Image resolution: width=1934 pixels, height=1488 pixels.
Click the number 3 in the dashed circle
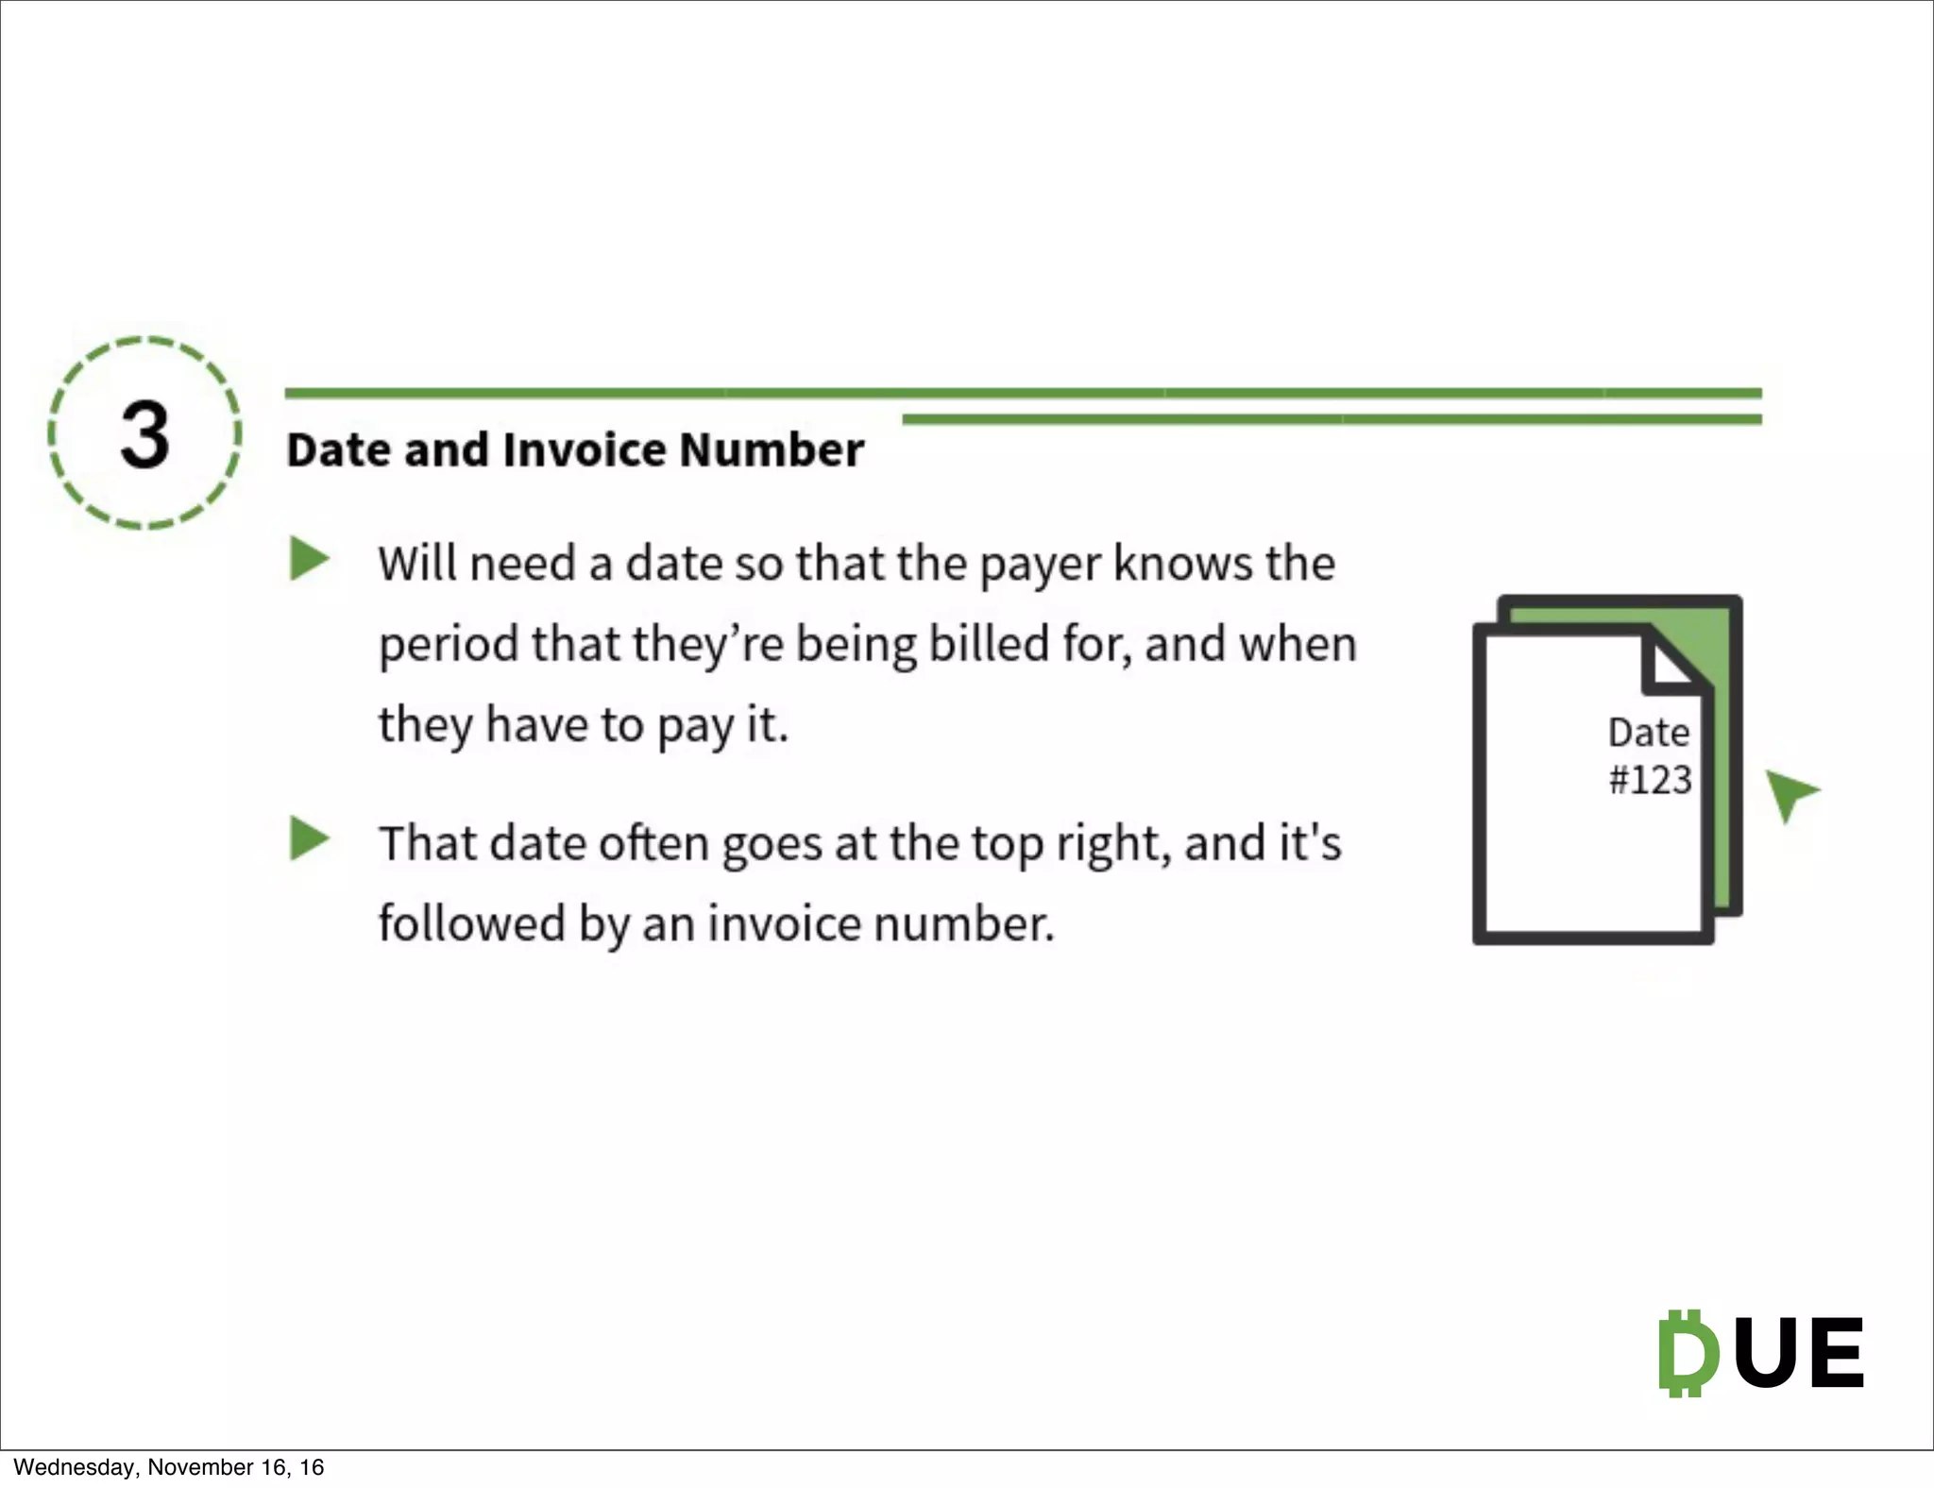[144, 435]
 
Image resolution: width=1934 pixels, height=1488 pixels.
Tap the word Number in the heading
[771, 449]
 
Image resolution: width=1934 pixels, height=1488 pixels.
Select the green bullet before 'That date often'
[308, 838]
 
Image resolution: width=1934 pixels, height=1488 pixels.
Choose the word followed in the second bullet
[471, 923]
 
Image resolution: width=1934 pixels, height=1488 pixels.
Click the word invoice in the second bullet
[783, 923]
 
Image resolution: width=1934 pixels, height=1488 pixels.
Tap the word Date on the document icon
[1648, 733]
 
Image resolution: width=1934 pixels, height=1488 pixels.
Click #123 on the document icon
[1649, 780]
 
